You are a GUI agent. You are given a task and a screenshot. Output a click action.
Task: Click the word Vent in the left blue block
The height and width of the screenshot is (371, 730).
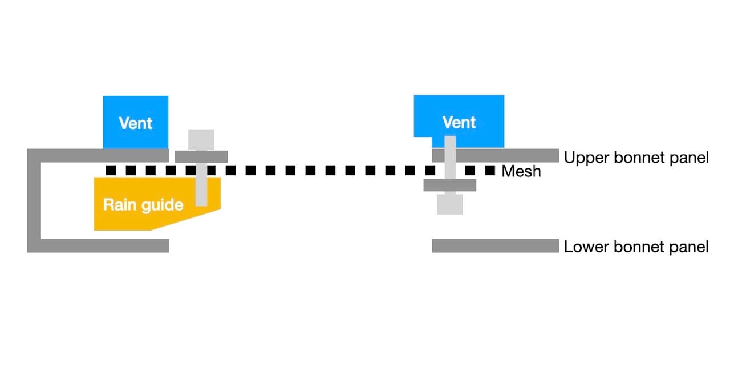coord(136,123)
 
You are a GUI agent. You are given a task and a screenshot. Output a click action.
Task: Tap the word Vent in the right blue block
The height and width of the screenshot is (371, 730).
coord(459,122)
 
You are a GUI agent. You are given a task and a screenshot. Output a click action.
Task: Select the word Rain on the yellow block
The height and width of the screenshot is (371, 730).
coord(118,205)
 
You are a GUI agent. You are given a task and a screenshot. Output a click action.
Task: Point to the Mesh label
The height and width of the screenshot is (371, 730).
coord(521,171)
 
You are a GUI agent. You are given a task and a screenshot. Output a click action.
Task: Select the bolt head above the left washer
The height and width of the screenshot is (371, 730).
coord(201,139)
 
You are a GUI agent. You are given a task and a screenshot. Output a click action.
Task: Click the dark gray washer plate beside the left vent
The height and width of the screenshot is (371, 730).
coord(201,156)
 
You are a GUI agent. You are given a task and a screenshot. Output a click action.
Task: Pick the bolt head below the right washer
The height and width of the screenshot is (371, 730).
coord(449,204)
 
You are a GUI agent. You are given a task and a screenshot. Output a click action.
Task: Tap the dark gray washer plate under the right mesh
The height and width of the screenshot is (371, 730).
coord(449,185)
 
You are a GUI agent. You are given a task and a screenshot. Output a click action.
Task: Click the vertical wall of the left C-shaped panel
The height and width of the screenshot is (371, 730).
coord(34,200)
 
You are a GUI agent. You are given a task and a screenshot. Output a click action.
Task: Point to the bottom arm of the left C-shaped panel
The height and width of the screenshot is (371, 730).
coord(103,245)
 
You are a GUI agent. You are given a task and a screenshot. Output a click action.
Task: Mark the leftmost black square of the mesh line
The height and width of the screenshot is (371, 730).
coord(111,170)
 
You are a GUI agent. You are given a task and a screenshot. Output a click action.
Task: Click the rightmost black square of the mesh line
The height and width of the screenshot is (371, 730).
coord(490,170)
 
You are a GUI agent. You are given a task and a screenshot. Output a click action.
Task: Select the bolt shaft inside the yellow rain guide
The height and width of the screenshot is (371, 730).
coord(201,191)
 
